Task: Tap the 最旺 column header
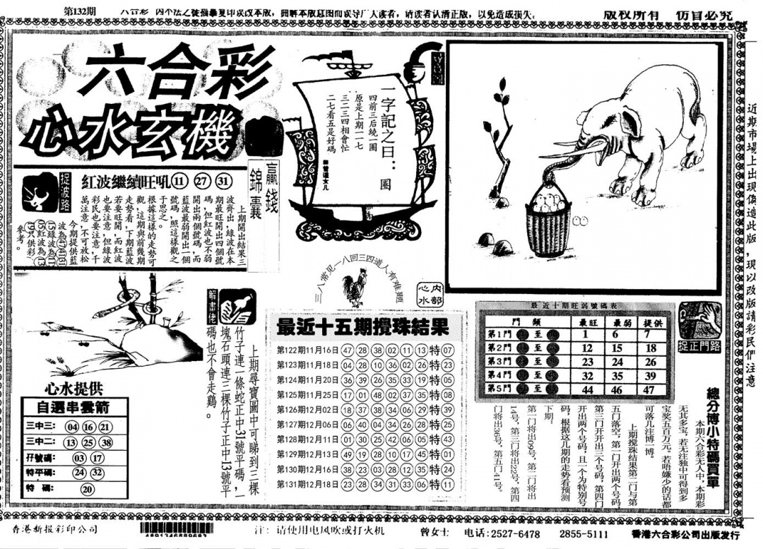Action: pos(585,321)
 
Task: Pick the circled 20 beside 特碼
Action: pos(88,488)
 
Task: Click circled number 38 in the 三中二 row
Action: pos(105,442)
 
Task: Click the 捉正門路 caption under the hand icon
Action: pos(700,346)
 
